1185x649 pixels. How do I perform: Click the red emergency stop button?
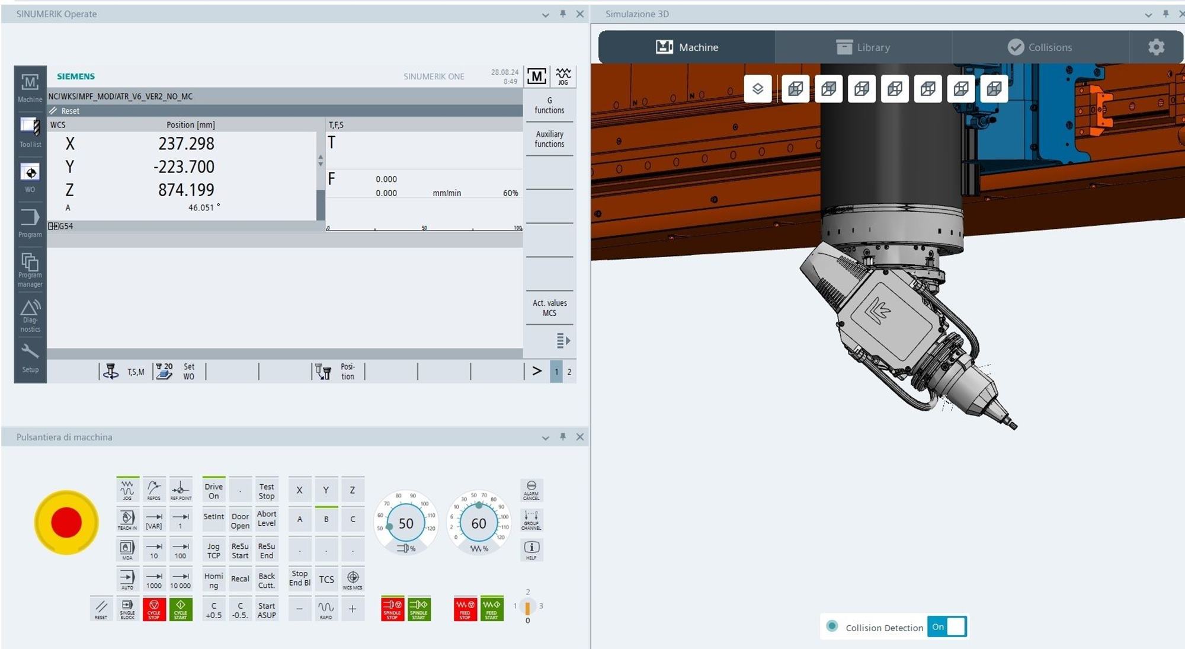point(66,522)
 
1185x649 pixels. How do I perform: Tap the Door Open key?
point(240,521)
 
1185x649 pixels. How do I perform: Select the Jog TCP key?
point(213,551)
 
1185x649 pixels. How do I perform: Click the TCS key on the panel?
point(326,580)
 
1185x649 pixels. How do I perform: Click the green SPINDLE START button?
point(419,609)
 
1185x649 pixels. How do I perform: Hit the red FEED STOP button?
point(465,609)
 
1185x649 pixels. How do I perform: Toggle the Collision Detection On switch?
point(947,626)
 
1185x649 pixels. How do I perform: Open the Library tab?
point(863,47)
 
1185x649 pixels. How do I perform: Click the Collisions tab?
point(1040,47)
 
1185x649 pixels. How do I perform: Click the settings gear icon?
point(1156,47)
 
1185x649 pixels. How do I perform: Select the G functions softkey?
point(549,105)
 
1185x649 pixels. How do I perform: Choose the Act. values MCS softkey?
point(549,308)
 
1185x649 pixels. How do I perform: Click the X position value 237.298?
point(186,143)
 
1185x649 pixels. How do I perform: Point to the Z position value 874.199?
point(186,190)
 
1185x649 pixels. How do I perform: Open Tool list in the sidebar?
point(30,132)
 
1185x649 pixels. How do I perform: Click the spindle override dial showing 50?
point(406,523)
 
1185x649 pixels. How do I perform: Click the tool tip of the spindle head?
point(1013,426)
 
